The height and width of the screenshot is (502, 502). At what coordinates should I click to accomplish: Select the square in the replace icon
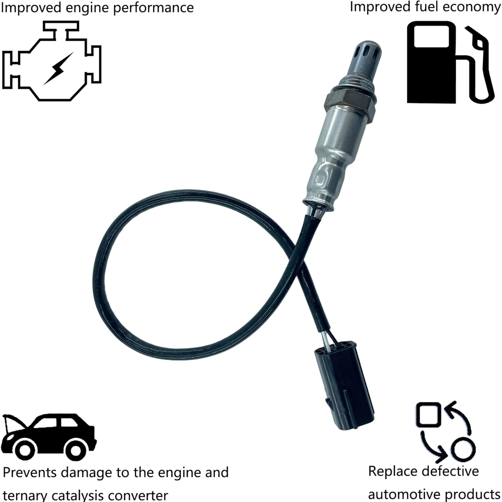(428, 415)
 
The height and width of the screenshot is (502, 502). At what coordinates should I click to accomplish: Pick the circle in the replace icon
(463, 449)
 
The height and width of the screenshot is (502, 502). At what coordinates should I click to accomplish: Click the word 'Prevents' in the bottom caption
(30, 473)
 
